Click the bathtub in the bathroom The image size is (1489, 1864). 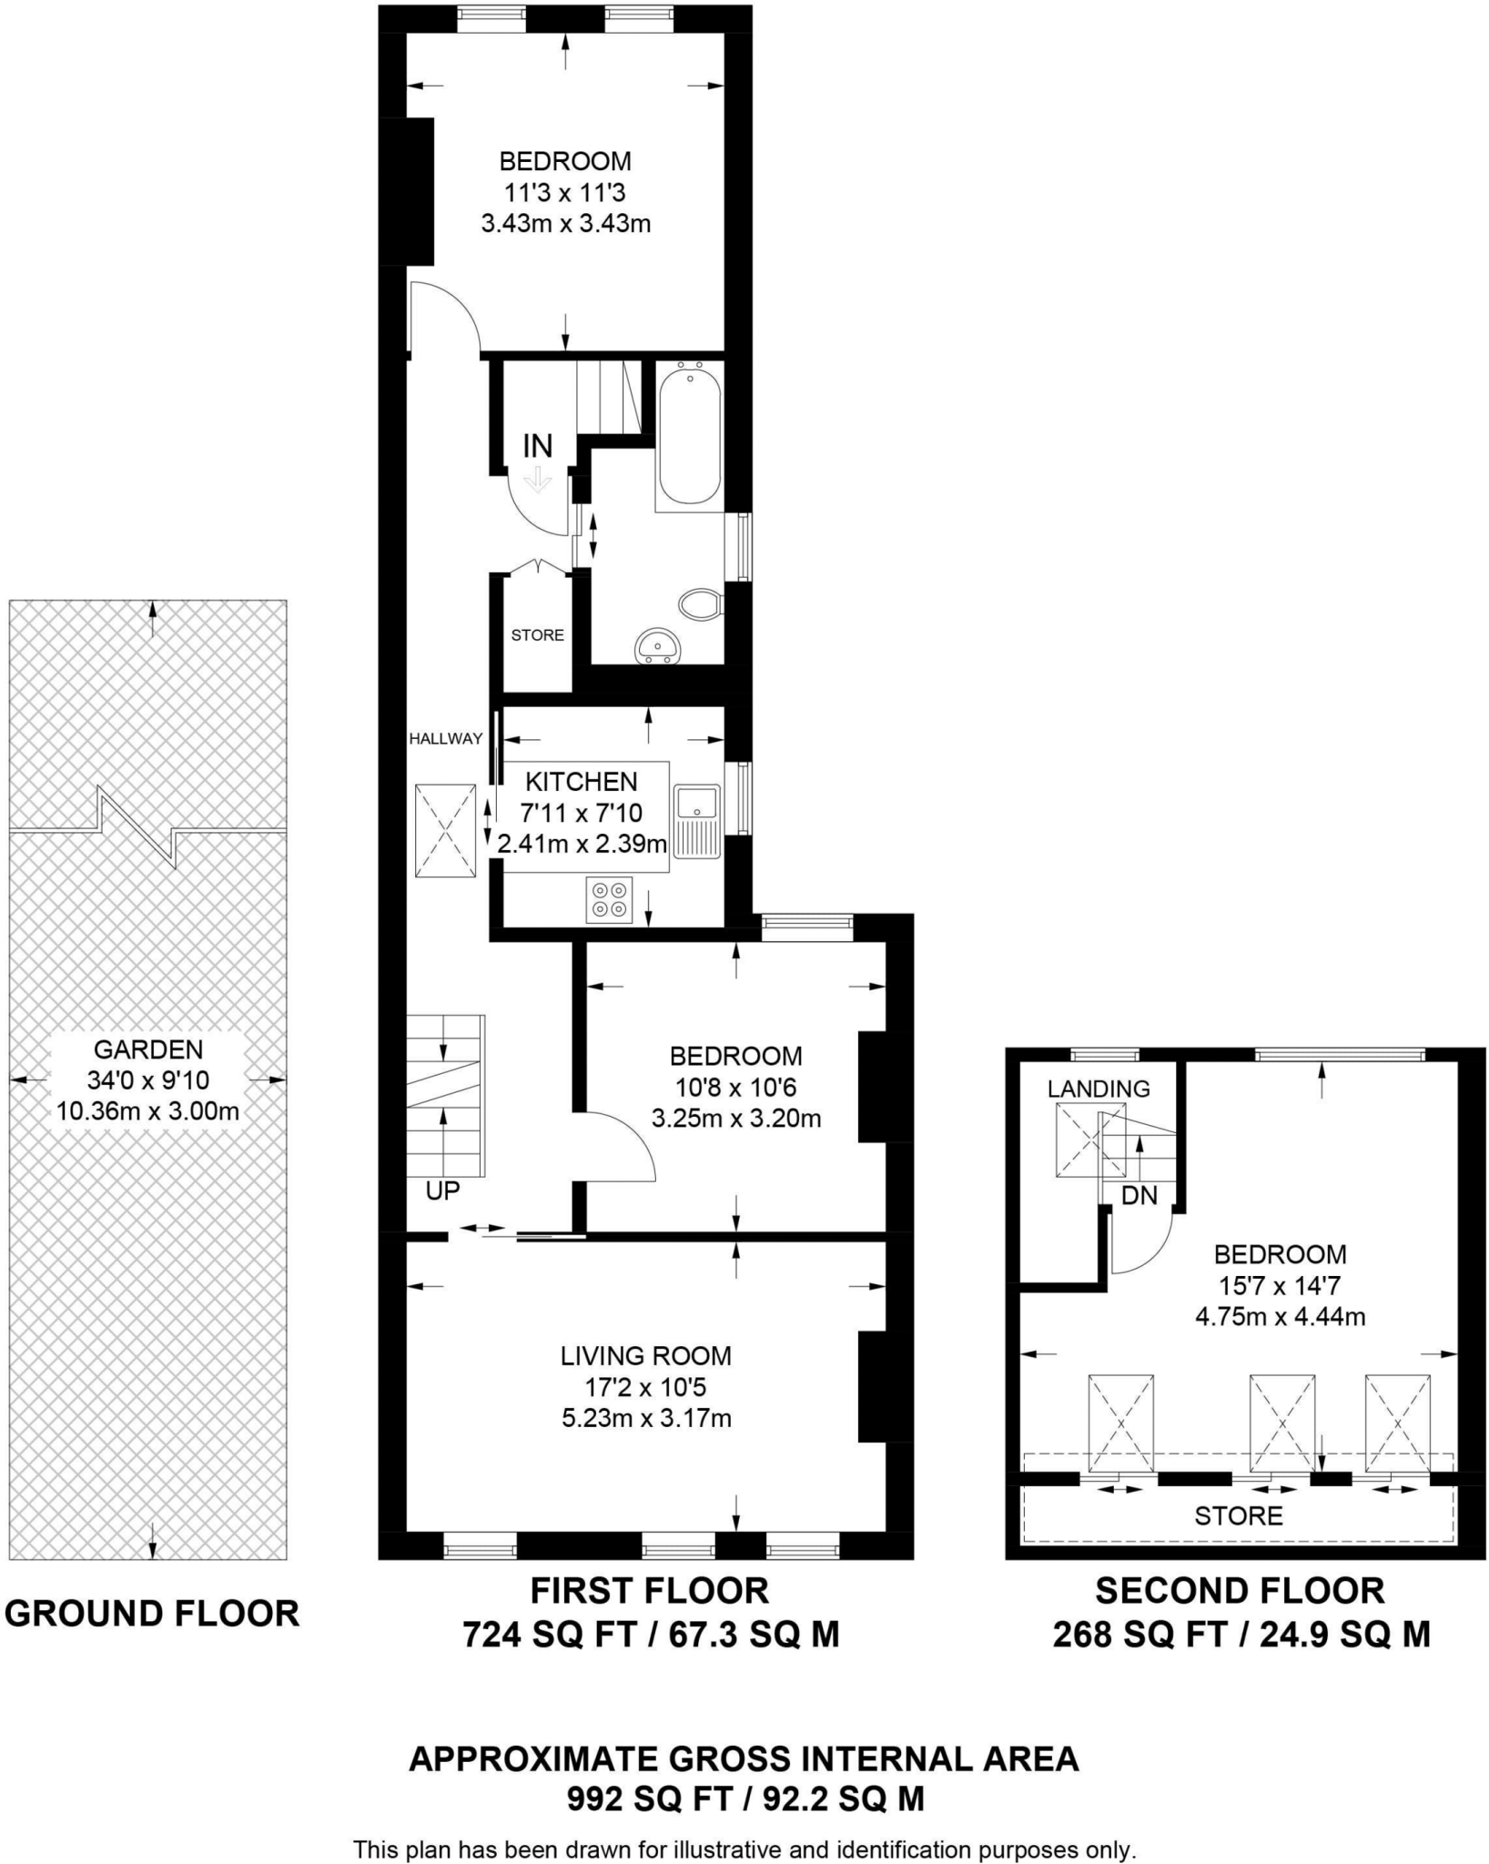689,435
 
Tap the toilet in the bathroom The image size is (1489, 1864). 701,603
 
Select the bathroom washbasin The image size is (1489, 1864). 656,645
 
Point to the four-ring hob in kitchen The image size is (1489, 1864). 609,899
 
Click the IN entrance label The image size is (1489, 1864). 537,446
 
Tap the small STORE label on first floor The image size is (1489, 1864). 537,635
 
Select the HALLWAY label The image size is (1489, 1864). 445,739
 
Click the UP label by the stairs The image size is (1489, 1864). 443,1190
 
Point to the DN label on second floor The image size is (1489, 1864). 1139,1195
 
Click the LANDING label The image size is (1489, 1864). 1099,1089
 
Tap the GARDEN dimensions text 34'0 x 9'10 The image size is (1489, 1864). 148,1080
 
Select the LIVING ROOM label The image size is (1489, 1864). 645,1356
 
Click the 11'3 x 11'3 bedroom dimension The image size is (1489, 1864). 565,192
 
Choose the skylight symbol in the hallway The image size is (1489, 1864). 445,831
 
